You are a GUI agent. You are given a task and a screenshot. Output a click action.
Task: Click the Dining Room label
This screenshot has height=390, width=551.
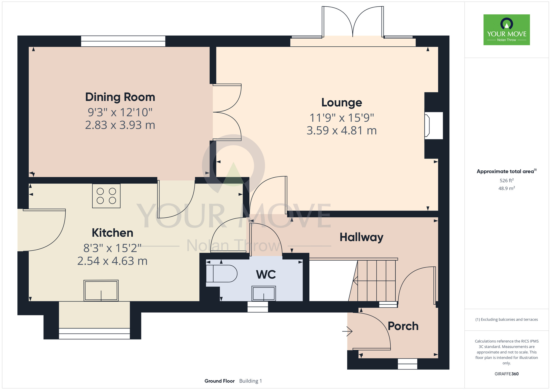tap(120, 97)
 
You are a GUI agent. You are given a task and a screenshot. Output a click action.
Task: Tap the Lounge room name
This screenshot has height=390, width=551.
tap(342, 103)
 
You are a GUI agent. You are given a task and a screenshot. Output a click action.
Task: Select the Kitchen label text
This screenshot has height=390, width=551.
tap(112, 233)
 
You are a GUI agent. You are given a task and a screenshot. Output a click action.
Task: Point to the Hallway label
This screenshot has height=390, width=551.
tap(361, 237)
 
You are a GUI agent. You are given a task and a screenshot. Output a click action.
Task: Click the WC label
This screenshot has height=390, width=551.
tap(266, 274)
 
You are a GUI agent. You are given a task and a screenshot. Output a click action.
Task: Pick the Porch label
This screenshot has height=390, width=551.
tap(403, 326)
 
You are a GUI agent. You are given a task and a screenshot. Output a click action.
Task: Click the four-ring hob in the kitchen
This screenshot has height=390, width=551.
tap(106, 196)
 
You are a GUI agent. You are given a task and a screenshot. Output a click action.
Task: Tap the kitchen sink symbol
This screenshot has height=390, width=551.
tap(101, 290)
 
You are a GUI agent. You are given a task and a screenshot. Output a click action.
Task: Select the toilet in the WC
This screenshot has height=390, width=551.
tap(222, 273)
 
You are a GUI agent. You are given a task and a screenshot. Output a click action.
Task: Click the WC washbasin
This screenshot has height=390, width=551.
tap(264, 293)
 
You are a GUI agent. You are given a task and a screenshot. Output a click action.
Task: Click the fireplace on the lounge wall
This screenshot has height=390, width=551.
tap(433, 125)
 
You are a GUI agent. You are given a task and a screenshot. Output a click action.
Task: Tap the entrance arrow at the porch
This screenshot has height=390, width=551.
tap(347, 331)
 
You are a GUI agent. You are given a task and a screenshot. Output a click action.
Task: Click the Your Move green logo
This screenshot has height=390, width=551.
tap(507, 30)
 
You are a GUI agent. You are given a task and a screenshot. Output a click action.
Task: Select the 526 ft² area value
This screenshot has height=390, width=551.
tap(507, 180)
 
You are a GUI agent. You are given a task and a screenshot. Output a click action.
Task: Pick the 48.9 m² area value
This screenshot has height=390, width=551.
tap(507, 188)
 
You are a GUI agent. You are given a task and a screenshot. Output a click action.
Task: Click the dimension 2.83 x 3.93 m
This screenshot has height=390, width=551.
tap(120, 125)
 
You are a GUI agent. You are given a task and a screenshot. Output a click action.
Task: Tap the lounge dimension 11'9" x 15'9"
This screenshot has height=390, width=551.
tap(342, 118)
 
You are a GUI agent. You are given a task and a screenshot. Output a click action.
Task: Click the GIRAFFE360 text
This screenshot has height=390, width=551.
tap(507, 374)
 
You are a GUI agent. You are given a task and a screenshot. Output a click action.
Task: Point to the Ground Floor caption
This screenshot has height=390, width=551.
tap(220, 381)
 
